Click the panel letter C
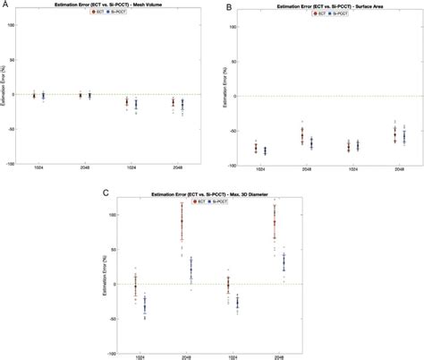[x=106, y=192]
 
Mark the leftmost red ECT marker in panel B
[x=257, y=148]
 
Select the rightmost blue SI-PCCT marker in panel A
[x=182, y=105]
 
